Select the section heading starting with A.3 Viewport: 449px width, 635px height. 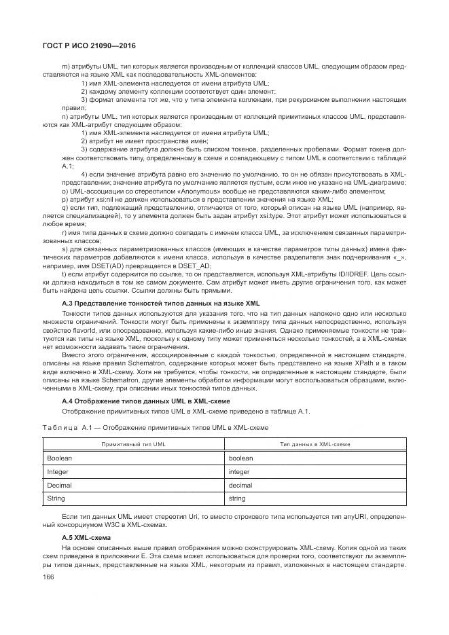point(160,302)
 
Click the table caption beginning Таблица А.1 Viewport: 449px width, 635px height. point(156,427)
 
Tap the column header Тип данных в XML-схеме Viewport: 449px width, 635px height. point(316,443)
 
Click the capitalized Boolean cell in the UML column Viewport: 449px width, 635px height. point(60,458)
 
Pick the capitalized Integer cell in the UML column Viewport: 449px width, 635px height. point(58,471)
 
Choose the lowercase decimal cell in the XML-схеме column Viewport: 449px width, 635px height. point(240,485)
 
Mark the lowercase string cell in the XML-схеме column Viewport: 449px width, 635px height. point(237,498)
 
